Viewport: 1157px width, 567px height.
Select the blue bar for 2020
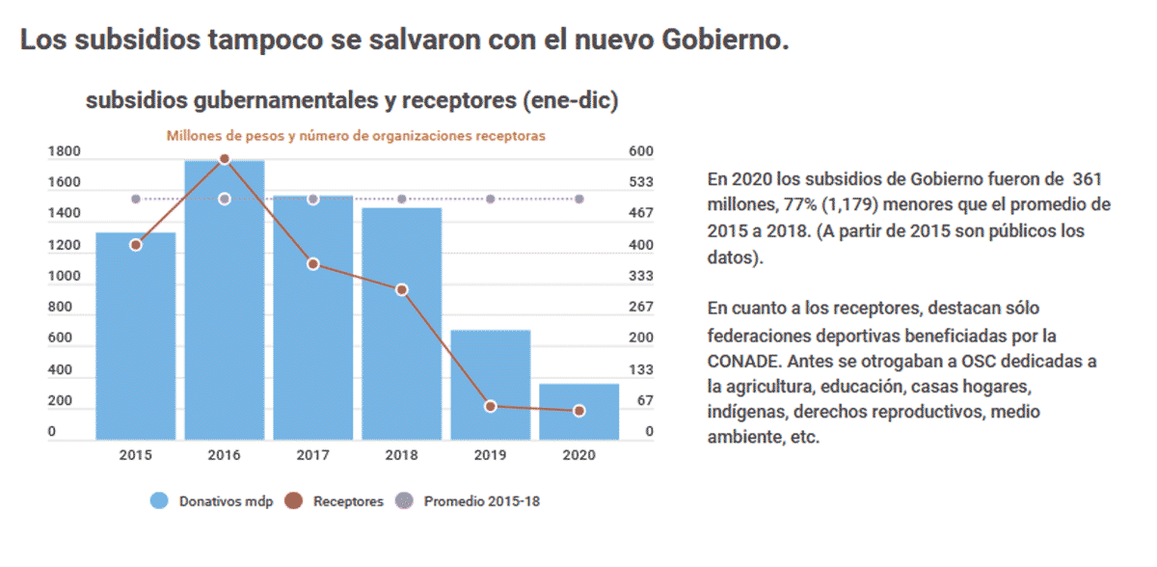[x=578, y=412]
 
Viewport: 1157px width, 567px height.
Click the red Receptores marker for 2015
[x=136, y=245]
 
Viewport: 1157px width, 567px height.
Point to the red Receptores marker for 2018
[x=402, y=289]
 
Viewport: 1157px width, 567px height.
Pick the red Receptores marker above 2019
[x=491, y=406]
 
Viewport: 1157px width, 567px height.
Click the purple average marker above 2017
[x=313, y=199]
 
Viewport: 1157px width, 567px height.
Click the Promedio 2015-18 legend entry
[x=472, y=501]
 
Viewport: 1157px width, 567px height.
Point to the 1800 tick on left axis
[x=64, y=151]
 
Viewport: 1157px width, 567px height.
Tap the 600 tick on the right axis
[x=642, y=151]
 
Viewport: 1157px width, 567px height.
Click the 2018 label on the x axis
[x=402, y=455]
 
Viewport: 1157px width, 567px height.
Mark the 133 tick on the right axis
[x=642, y=369]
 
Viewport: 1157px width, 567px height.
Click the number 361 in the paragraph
[x=1083, y=178]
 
